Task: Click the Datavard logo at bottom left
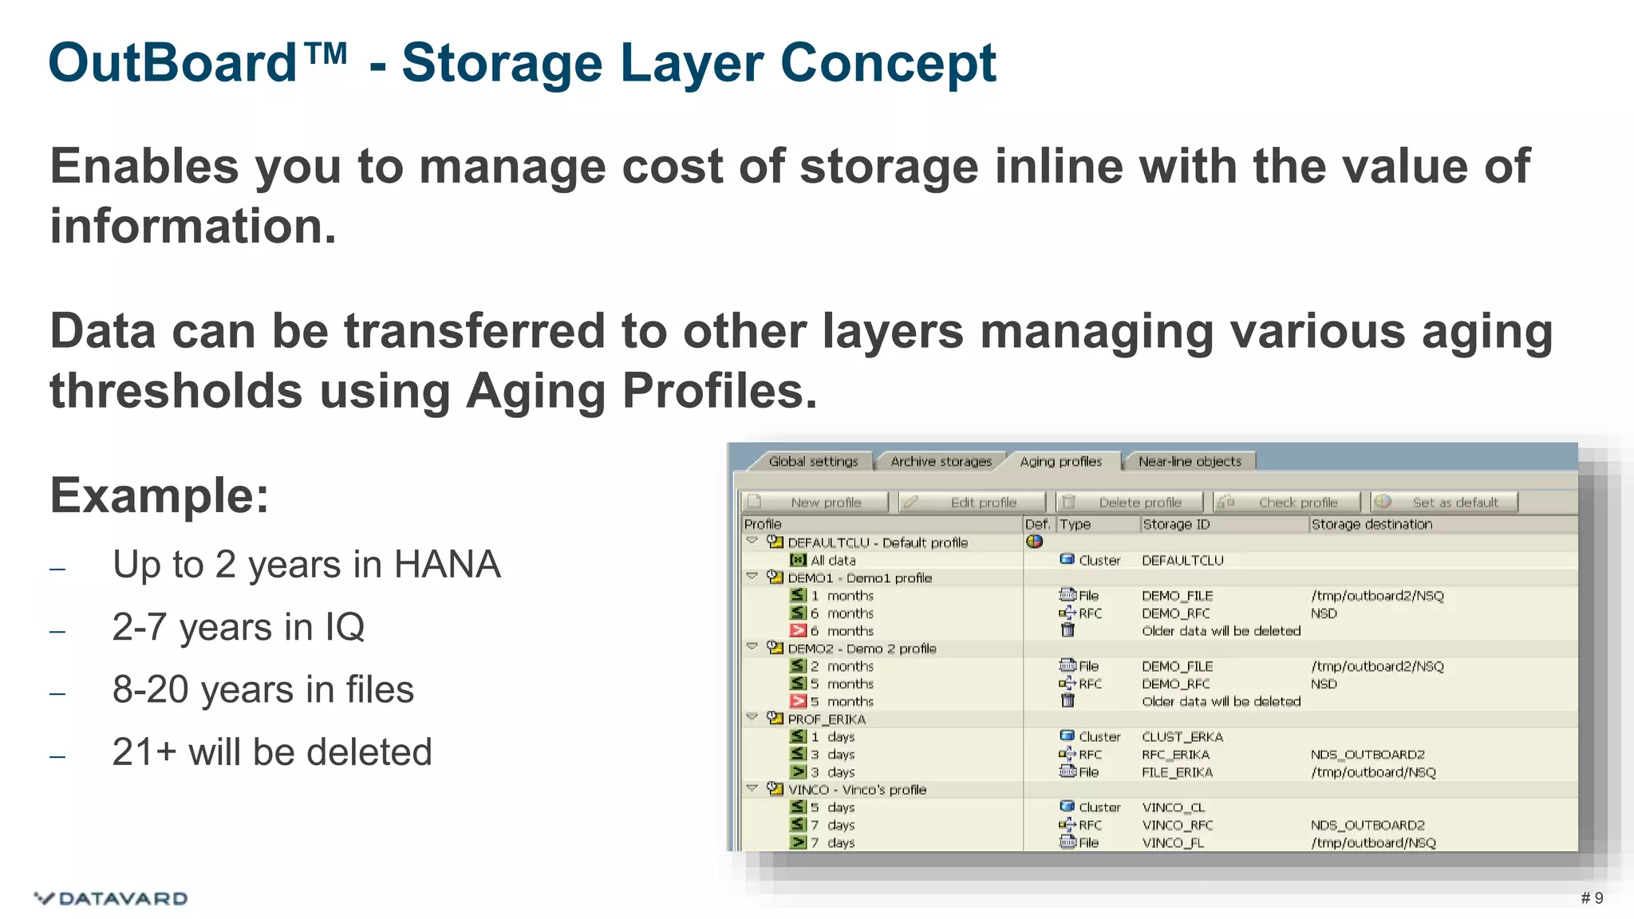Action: pyautogui.click(x=111, y=898)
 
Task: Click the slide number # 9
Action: pyautogui.click(x=1592, y=898)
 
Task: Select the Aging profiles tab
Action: pyautogui.click(x=1060, y=462)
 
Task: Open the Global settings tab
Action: pyautogui.click(x=813, y=462)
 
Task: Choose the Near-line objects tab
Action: pyautogui.click(x=1189, y=462)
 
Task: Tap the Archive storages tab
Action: pyautogui.click(x=941, y=462)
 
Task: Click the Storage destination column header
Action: pyautogui.click(x=1372, y=524)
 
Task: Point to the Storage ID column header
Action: pyautogui.click(x=1176, y=524)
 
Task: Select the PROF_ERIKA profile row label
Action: pyautogui.click(x=827, y=719)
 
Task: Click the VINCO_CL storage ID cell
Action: pyautogui.click(x=1174, y=807)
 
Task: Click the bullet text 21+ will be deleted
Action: pyautogui.click(x=272, y=752)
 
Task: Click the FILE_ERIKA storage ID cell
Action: pyautogui.click(x=1177, y=772)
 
